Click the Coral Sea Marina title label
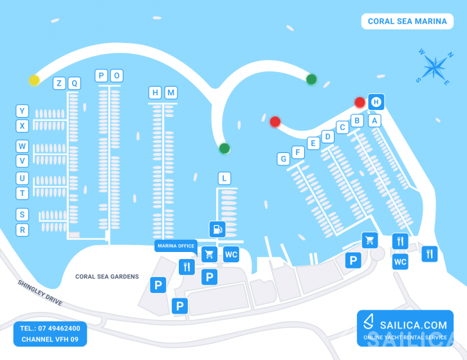pos(407,21)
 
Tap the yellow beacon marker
pos(34,80)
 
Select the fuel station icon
pos(217,230)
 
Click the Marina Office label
pos(176,246)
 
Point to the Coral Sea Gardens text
pos(107,276)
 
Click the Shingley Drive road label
pos(41,292)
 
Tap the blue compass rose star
pos(435,67)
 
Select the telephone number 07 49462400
pos(59,328)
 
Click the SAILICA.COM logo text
pos(414,325)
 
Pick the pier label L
pos(224,178)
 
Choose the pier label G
pos(284,159)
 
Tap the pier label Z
pos(59,84)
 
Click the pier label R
pos(22,230)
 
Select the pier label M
pos(171,93)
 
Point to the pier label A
pos(374,121)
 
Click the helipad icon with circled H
pos(376,102)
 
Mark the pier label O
pos(117,76)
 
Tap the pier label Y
pos(22,111)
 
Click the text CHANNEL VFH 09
pos(50,339)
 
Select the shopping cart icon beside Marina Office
pos(209,255)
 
